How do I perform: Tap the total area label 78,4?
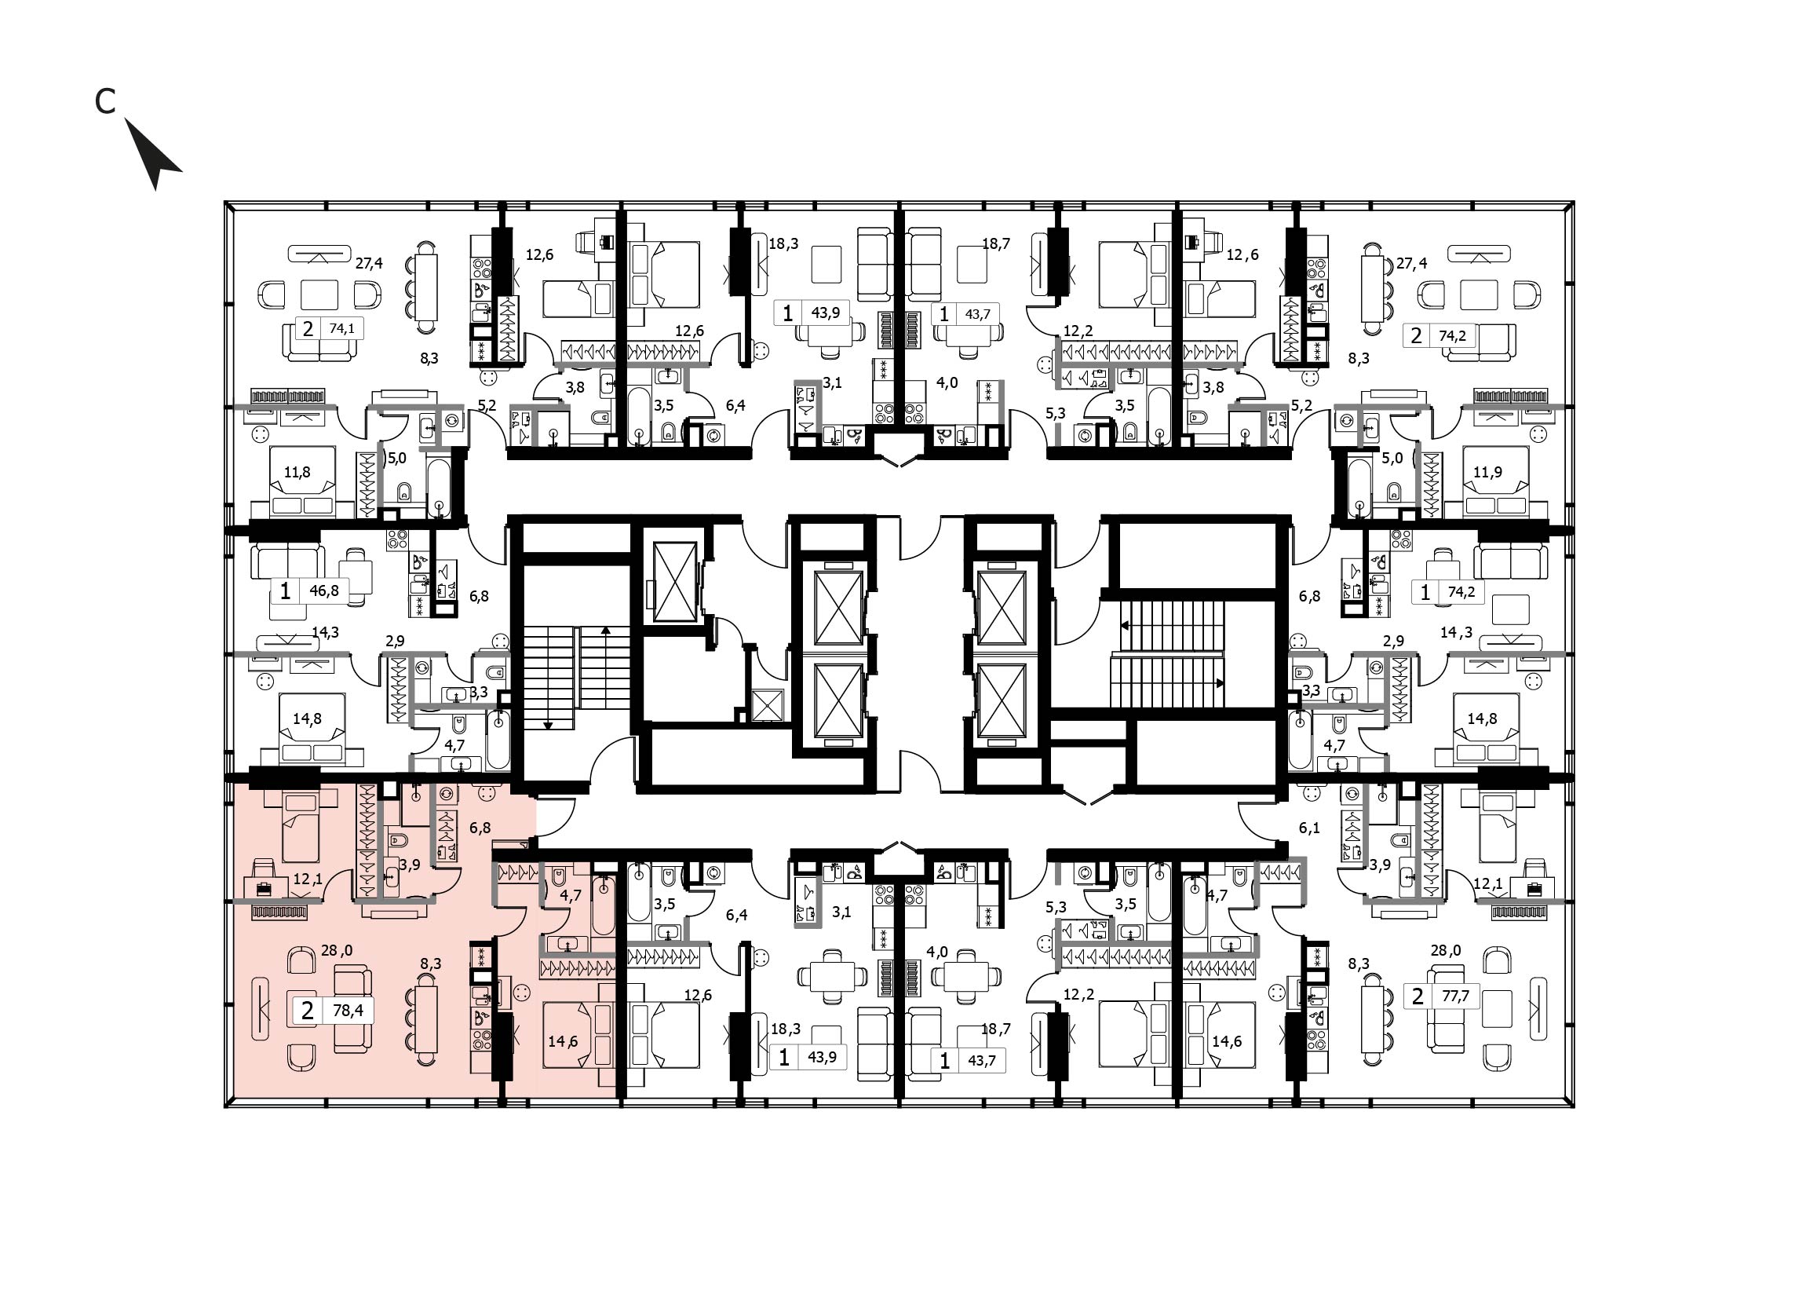(x=347, y=1011)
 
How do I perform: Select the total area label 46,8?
(x=324, y=591)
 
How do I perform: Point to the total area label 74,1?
(x=342, y=328)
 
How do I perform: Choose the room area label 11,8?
(x=297, y=472)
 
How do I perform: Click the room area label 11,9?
(x=1487, y=472)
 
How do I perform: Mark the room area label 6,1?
(x=1309, y=828)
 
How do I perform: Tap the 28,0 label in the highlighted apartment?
(x=337, y=950)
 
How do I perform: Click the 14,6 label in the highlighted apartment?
(x=563, y=1041)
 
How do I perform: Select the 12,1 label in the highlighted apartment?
(x=308, y=879)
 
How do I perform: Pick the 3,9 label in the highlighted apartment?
(x=409, y=865)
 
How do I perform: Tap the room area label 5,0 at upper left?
(x=396, y=458)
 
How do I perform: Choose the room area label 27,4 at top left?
(x=369, y=263)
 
